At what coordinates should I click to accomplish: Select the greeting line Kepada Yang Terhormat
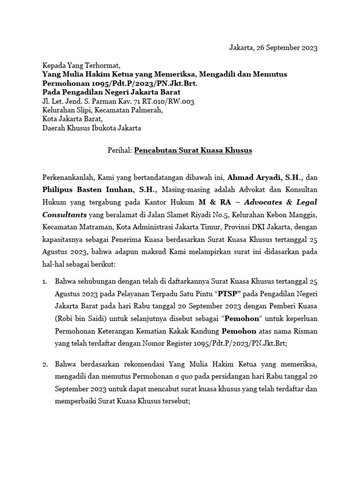point(81,66)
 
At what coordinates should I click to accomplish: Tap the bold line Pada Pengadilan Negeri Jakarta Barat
point(111,92)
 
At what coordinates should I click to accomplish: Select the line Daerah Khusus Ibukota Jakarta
point(91,128)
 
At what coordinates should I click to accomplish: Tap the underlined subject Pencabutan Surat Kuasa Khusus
point(193,150)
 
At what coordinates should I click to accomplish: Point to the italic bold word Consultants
point(63,214)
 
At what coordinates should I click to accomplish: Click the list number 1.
point(45,282)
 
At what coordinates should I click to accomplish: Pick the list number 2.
point(45,364)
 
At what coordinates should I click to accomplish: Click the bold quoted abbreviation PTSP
point(231,294)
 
